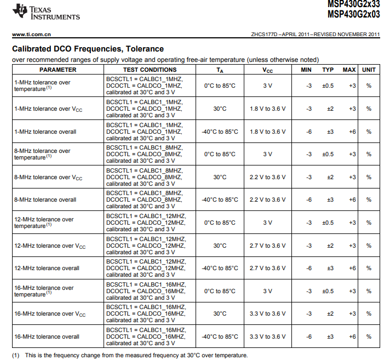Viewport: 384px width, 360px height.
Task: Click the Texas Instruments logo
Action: [x=46, y=12]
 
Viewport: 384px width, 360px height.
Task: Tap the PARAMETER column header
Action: [x=58, y=70]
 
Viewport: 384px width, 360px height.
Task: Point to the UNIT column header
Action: [x=369, y=70]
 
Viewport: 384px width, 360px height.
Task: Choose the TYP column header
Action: [x=328, y=70]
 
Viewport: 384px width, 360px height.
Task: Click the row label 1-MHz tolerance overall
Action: [x=45, y=132]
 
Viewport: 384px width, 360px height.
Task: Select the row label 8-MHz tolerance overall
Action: [x=45, y=200]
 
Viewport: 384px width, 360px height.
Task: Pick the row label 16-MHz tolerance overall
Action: [x=47, y=336]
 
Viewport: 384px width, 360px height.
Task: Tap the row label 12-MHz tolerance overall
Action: [x=47, y=268]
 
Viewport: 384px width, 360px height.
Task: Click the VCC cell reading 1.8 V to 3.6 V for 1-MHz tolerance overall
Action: [x=267, y=132]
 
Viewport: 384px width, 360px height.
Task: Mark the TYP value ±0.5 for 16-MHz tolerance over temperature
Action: [x=328, y=291]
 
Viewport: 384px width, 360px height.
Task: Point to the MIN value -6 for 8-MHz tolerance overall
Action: [x=309, y=200]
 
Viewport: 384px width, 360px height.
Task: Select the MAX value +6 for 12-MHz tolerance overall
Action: [x=352, y=268]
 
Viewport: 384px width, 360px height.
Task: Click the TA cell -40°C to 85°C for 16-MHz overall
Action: [x=220, y=336]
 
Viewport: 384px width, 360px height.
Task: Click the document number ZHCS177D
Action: [x=265, y=35]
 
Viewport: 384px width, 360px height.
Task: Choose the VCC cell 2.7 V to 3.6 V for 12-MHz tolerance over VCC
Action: [x=267, y=245]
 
